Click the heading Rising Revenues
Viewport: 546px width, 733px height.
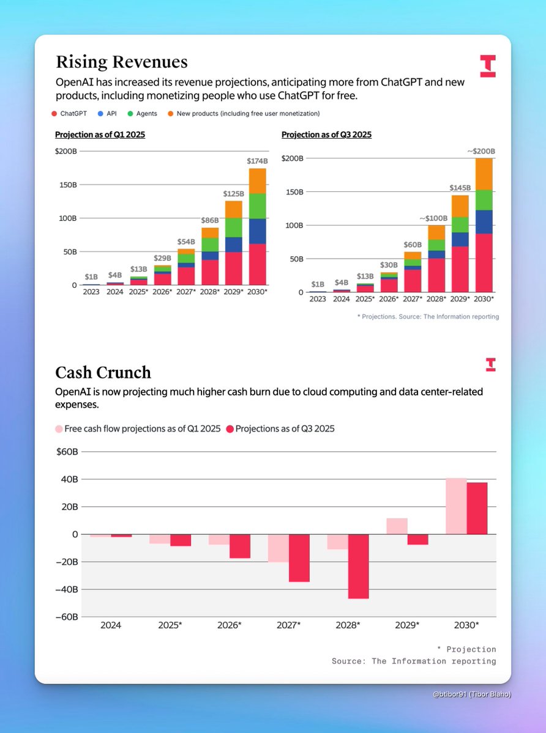121,62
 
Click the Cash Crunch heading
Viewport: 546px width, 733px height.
103,372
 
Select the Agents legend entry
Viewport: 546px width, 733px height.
146,114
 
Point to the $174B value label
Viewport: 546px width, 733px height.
257,161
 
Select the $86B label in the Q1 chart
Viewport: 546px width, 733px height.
211,220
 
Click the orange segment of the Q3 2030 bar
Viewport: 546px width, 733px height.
484,174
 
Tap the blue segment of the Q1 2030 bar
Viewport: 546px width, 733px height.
257,231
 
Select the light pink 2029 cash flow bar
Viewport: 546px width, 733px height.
397,526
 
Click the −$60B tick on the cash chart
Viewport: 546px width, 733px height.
66,617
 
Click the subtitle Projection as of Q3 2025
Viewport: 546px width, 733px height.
326,134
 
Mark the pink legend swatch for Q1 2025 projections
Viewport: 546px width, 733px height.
59,429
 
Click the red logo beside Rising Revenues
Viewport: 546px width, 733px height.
487,66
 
